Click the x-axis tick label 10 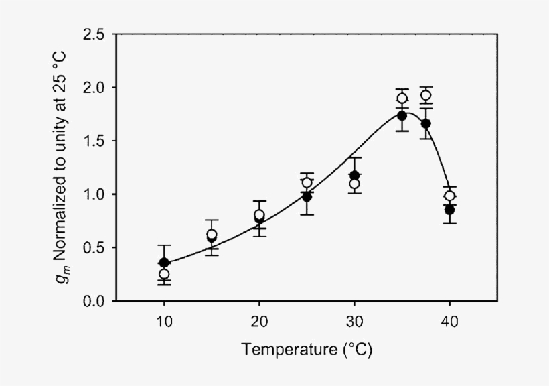tap(164, 321)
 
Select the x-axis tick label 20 tap(259, 321)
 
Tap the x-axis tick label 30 tap(354, 321)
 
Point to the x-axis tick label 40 tap(449, 321)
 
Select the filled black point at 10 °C tap(164, 263)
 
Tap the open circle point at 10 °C tap(164, 274)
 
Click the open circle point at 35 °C tap(402, 99)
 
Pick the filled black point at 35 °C tap(402, 116)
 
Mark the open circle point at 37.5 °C tap(426, 95)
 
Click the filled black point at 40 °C tap(449, 210)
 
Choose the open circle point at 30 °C tap(354, 184)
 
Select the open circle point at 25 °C tap(307, 182)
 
